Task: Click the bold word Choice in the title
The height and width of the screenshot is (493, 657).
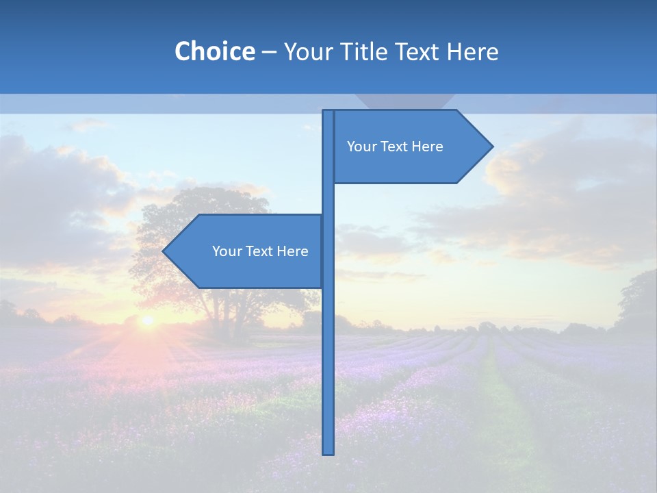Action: [214, 51]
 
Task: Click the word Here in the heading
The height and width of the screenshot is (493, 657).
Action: [472, 51]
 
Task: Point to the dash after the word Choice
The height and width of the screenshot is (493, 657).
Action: [269, 52]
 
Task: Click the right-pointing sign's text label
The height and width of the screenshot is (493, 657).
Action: [395, 147]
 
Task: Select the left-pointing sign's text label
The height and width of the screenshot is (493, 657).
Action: [260, 251]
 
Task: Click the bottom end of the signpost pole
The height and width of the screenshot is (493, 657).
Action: [328, 452]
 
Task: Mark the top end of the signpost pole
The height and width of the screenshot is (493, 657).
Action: [328, 112]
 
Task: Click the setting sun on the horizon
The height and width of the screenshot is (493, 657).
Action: [146, 320]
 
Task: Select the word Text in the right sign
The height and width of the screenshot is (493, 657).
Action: [396, 147]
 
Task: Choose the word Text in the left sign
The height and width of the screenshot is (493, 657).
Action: [261, 251]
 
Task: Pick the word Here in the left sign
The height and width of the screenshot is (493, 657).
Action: [292, 251]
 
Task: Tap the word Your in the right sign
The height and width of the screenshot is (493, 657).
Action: [361, 147]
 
